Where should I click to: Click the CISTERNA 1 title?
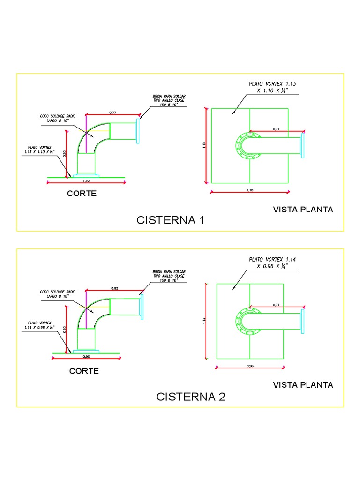click(x=171, y=220)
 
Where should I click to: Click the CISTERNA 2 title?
click(x=191, y=397)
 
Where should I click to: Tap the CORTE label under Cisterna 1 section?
click(x=82, y=194)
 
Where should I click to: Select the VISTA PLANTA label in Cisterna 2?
click(x=303, y=385)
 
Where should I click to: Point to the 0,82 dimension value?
click(x=114, y=288)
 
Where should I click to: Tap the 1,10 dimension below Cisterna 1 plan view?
click(x=249, y=190)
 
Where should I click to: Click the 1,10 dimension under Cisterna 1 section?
click(x=86, y=180)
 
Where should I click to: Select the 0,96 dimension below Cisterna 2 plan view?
click(x=249, y=366)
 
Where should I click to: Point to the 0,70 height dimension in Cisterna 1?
click(x=65, y=153)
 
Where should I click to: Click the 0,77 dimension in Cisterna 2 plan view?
click(x=276, y=305)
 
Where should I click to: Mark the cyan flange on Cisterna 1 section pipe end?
click(x=138, y=131)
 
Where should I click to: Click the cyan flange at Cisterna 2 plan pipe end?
click(x=302, y=321)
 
